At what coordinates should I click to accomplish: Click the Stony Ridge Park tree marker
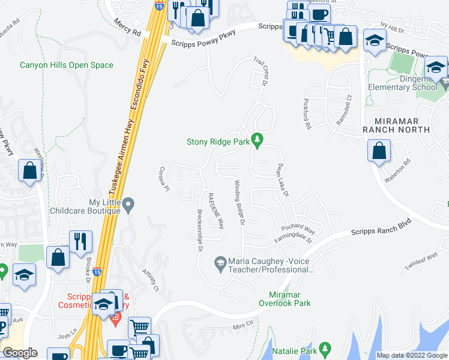pyautogui.click(x=258, y=140)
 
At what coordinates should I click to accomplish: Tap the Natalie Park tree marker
pyautogui.click(x=325, y=348)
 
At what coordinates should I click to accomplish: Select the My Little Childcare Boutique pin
pyautogui.click(x=128, y=206)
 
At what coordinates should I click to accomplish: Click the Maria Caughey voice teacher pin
pyautogui.click(x=220, y=263)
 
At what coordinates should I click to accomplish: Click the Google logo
pyautogui.click(x=20, y=353)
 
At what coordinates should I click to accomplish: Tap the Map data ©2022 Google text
pyautogui.click(x=411, y=355)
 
